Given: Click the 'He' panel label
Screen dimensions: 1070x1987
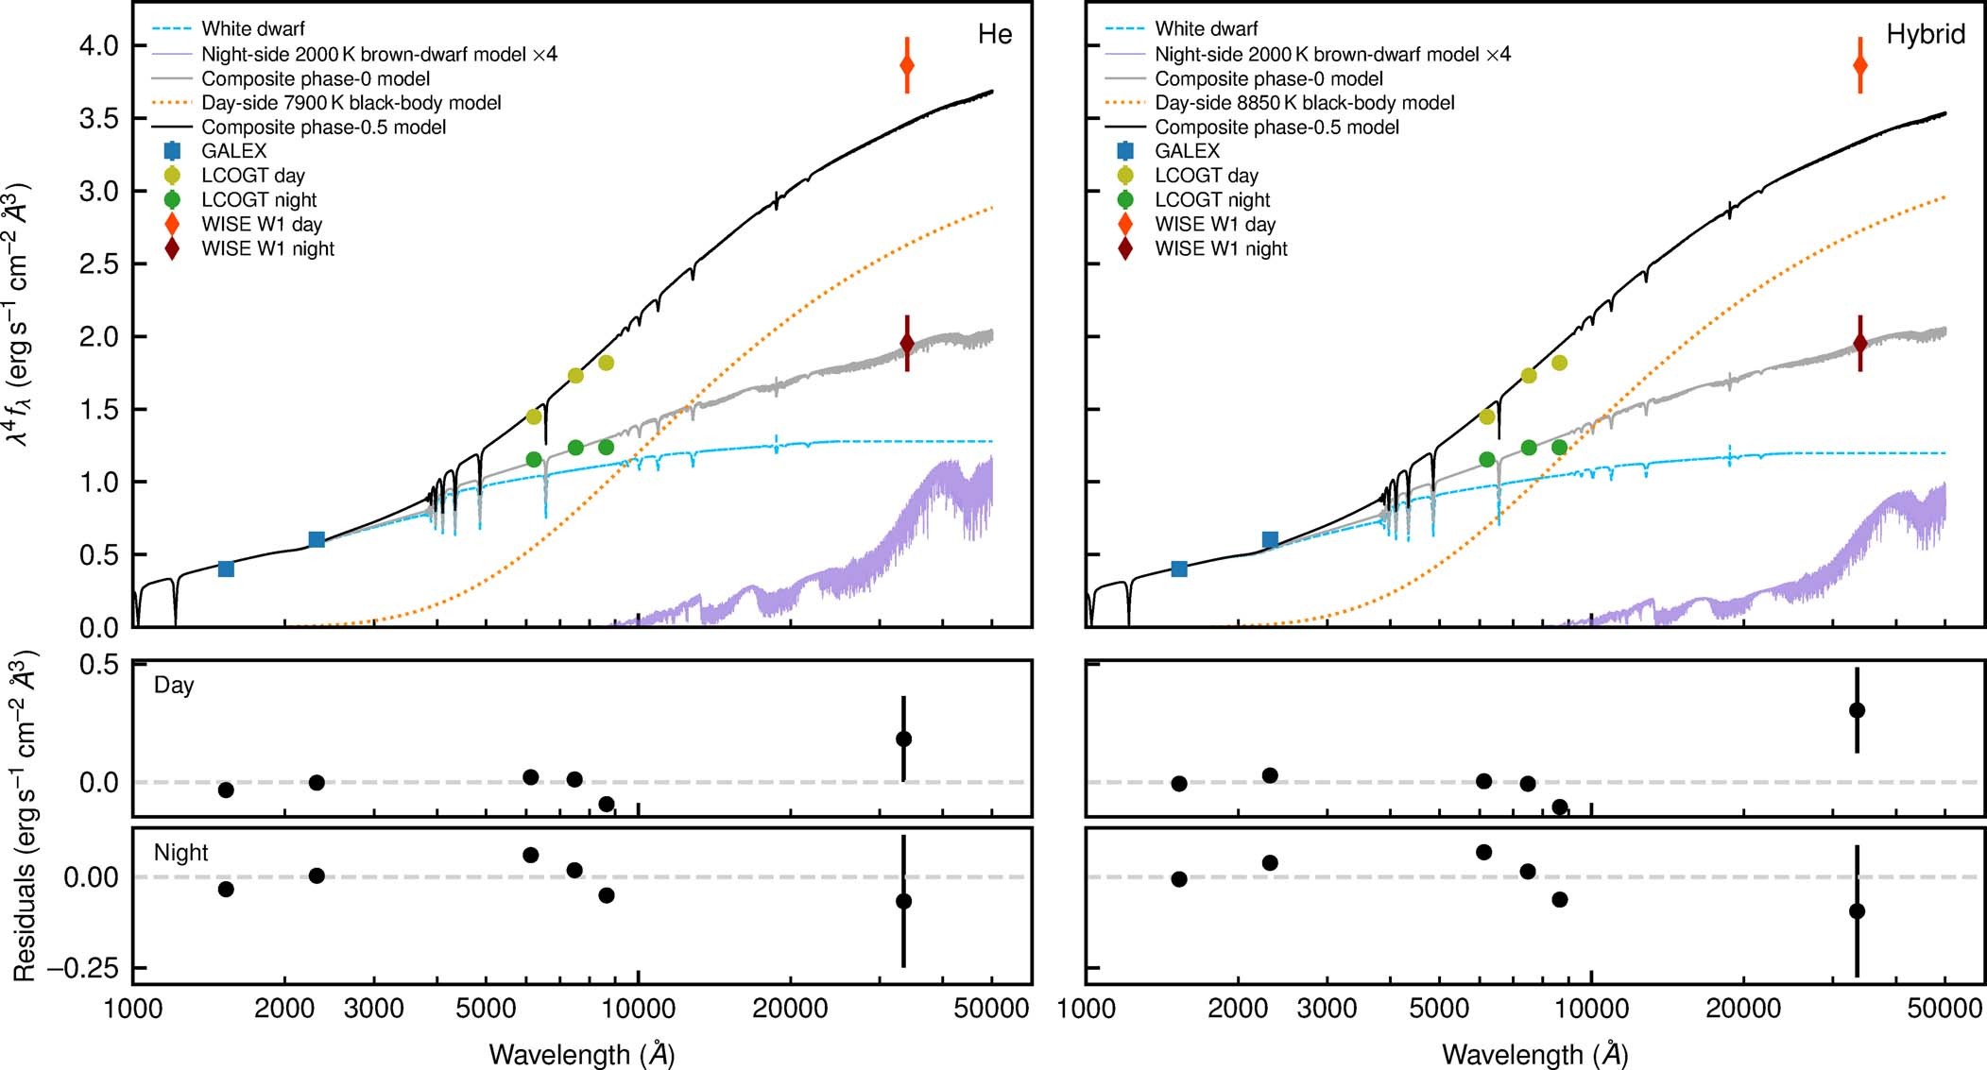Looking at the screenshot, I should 994,35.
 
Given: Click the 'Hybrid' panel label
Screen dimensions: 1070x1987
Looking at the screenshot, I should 1925,35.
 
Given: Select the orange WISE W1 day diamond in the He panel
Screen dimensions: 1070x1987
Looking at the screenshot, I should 907,65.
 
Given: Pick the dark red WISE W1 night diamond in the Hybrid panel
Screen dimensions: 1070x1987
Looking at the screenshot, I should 1860,343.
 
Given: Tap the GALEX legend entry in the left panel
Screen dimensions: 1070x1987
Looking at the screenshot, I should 233,151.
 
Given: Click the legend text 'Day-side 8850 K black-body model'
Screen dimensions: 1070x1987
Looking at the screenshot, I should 1304,103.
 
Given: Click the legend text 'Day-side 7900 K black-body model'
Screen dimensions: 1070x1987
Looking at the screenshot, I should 351,103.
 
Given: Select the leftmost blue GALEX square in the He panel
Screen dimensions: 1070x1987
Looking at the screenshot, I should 226,569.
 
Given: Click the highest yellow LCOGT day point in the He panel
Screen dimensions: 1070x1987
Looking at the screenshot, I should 606,363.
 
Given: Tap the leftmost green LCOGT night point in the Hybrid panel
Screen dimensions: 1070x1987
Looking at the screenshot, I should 1487,460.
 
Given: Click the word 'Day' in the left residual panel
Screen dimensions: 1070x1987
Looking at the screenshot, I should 174,686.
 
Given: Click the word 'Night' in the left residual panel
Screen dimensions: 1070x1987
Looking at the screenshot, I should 180,853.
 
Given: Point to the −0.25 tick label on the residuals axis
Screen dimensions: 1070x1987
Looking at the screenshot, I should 77,968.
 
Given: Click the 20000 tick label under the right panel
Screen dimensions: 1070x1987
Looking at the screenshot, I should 1742,1009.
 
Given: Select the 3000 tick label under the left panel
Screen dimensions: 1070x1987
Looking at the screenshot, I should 374,1009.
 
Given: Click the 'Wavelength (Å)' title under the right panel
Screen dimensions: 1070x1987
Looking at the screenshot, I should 1534,1054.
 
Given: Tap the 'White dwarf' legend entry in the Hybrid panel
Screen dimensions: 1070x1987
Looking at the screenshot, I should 1206,29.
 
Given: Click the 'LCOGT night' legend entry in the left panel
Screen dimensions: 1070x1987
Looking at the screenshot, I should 258,200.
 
